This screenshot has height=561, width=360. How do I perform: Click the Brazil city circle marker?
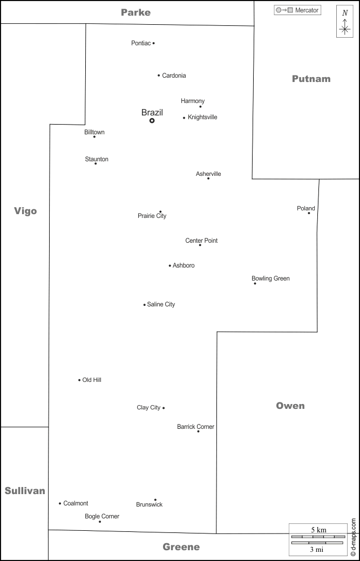[152, 121]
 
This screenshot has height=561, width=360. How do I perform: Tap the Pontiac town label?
[141, 43]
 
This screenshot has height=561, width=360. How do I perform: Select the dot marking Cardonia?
[159, 76]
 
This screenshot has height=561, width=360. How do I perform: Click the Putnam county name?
[311, 79]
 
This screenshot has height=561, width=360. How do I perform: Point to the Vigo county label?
[25, 211]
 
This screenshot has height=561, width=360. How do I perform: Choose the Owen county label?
[290, 406]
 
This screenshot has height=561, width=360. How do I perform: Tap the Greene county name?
[181, 547]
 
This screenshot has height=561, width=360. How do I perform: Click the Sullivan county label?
[25, 491]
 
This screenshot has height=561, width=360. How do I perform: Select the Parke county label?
[135, 12]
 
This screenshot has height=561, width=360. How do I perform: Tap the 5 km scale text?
[318, 530]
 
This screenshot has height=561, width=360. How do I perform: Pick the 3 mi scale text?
[316, 550]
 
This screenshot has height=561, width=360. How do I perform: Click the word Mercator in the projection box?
[307, 10]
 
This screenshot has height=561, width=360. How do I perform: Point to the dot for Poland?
[309, 213]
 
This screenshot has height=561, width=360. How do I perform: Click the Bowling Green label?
[270, 278]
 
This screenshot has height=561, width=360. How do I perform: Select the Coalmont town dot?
[60, 503]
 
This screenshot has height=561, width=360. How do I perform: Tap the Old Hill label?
[92, 380]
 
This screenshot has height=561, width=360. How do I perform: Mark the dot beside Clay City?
[164, 408]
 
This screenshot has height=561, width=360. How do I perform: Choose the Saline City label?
[161, 304]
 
